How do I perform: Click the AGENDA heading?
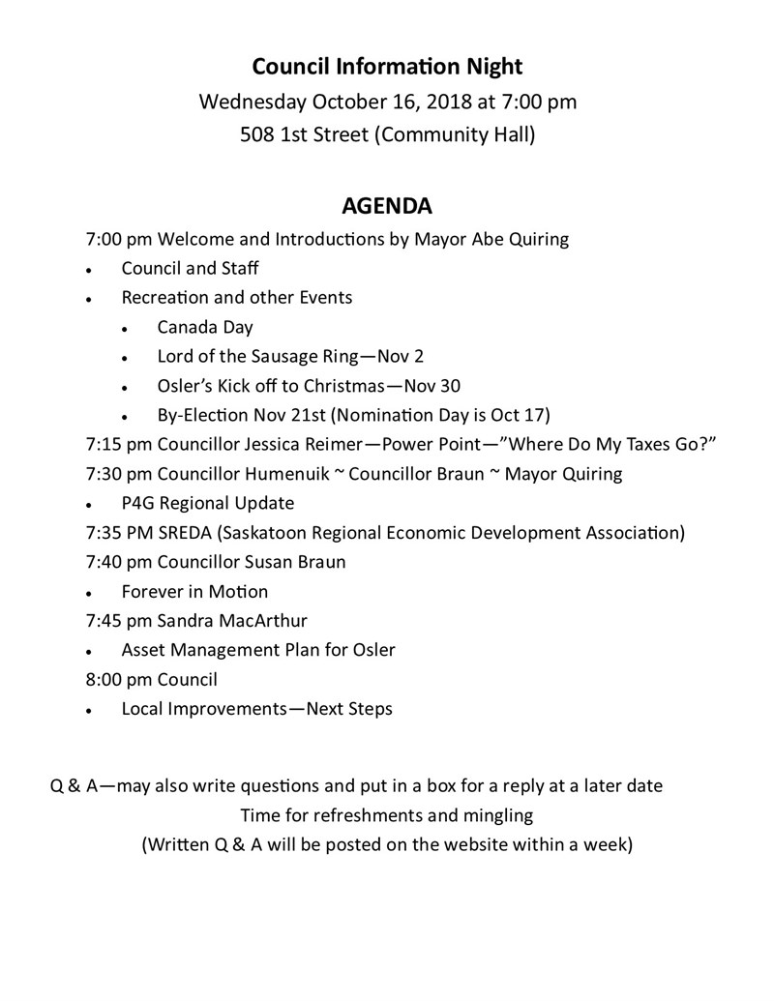tap(386, 206)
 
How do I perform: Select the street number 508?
tap(257, 134)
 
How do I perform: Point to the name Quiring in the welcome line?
tap(538, 238)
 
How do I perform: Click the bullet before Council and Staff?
tap(89, 270)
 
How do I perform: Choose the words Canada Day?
tap(205, 327)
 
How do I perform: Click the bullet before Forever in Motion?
tap(89, 593)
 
